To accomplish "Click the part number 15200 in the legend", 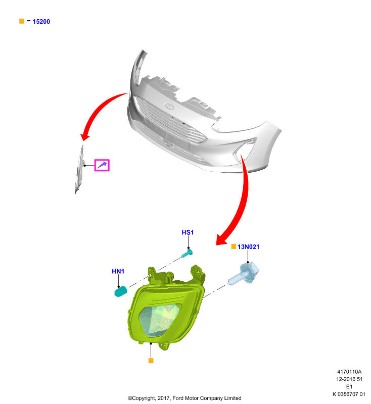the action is (41, 22).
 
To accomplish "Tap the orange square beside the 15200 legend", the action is (22, 21).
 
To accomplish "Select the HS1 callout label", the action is (188, 232).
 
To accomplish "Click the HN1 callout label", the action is (118, 271).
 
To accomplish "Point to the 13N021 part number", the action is (248, 247).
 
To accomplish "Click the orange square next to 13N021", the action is (234, 246).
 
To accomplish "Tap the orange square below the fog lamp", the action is (151, 361).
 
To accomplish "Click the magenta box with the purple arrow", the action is (102, 165).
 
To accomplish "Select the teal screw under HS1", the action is (187, 254).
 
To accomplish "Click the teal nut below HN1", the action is (121, 292).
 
